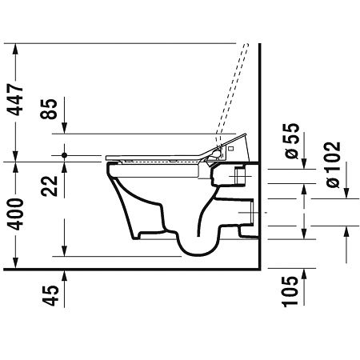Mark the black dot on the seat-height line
64,154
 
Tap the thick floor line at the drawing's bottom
136,269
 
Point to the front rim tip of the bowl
106,166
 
